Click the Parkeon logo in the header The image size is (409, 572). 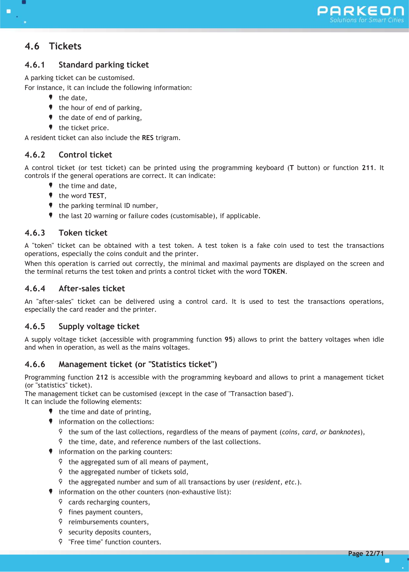[361, 11]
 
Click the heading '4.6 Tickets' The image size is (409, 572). [53, 46]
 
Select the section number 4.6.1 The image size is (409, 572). [35, 65]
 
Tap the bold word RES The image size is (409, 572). [147, 138]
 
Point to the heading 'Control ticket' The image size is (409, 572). [85, 155]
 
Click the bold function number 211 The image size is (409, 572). [368, 168]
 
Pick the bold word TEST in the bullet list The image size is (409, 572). [96, 196]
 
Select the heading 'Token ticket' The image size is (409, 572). [83, 233]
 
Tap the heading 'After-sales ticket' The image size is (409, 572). [92, 289]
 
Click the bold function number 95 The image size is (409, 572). [229, 339]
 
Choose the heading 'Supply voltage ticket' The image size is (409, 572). [99, 327]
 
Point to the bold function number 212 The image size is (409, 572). [102, 377]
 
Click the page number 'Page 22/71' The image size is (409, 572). [366, 554]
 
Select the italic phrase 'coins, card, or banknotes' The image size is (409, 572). [321, 432]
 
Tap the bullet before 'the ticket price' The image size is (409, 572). [51, 127]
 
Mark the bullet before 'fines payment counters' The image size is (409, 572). [61, 512]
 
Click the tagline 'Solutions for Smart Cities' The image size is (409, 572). [366, 20]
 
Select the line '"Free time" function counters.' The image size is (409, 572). [114, 542]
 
